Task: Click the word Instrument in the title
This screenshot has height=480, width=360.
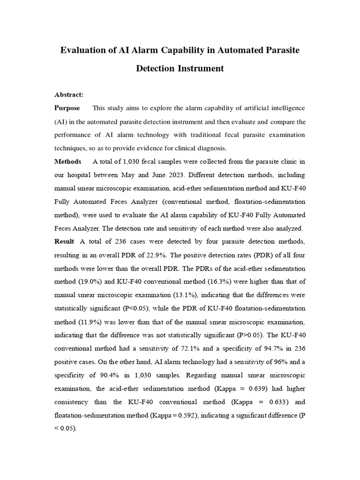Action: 200,68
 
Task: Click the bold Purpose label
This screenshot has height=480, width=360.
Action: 67,108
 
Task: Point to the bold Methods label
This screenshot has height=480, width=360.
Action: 68,162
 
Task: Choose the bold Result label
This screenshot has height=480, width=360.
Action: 65,241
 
